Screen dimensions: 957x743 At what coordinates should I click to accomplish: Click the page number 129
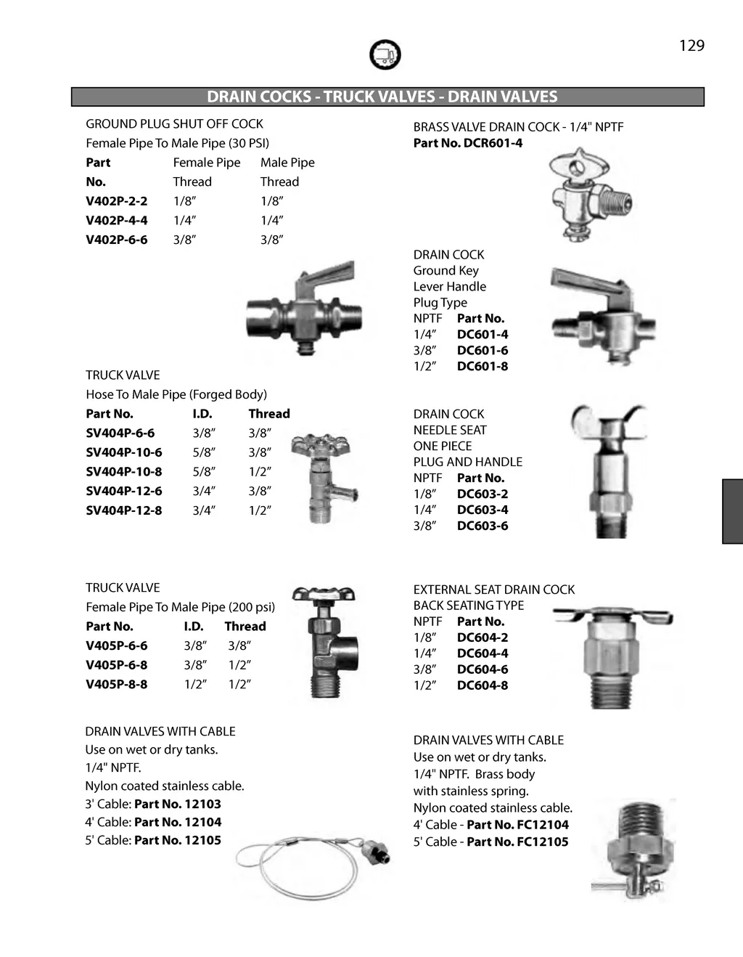[691, 46]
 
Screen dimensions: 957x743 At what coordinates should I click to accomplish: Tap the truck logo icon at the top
[385, 54]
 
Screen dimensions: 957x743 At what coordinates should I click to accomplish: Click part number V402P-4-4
[116, 220]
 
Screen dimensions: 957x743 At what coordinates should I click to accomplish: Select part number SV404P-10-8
[123, 471]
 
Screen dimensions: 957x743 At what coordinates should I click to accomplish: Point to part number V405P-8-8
[116, 684]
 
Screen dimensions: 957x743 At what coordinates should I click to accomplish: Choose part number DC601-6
[483, 350]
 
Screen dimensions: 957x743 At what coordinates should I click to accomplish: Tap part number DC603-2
[483, 494]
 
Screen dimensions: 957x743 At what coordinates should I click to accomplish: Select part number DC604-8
[483, 685]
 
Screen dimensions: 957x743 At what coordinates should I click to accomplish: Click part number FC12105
[543, 842]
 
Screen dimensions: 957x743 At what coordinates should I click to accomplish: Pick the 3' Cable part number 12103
[202, 804]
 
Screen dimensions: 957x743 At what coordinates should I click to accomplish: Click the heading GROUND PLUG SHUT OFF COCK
[174, 124]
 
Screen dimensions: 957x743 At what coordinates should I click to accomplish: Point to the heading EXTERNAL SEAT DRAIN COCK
[493, 590]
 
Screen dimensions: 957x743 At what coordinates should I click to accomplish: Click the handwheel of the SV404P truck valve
[320, 444]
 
